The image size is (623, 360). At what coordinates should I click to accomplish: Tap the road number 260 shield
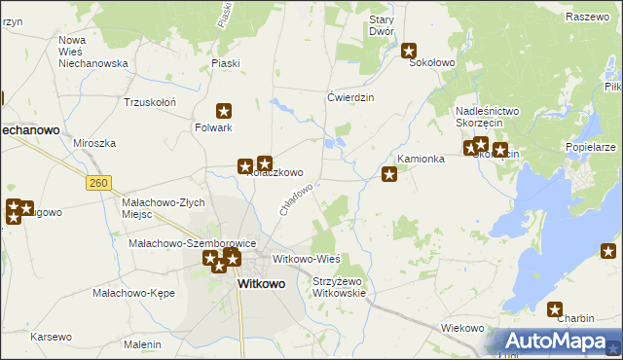click(x=97, y=183)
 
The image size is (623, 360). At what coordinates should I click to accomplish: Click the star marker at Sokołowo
click(x=410, y=52)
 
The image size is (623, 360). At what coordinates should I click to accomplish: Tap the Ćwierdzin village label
click(x=351, y=97)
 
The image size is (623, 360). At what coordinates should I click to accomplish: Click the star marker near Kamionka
click(x=389, y=174)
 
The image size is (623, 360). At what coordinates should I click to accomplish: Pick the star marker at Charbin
click(x=555, y=310)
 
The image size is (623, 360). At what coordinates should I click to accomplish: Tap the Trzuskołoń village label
click(x=149, y=102)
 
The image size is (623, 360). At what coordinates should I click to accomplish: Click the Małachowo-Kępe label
click(x=126, y=292)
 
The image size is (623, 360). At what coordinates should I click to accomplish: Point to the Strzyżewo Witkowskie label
click(x=339, y=287)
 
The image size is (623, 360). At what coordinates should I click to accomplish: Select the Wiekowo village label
click(x=462, y=328)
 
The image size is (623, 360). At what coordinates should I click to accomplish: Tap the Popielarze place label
click(x=590, y=147)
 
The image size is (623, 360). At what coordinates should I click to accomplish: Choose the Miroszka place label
click(x=94, y=143)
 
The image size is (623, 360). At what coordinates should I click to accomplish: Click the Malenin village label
click(x=142, y=344)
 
